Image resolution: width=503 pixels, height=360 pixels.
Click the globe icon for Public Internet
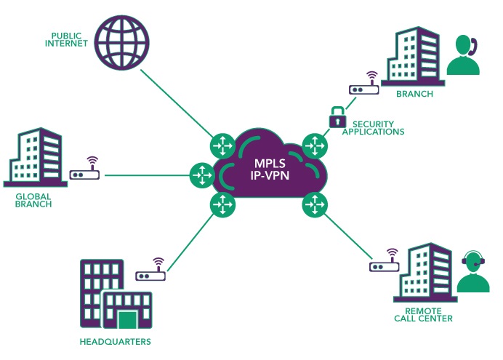[123, 42]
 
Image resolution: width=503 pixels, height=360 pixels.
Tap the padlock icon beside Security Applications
[337, 117]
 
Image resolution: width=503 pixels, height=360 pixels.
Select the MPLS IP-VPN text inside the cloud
[270, 169]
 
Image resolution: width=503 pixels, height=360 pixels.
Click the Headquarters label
[115, 342]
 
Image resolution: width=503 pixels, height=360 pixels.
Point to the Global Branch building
[36, 157]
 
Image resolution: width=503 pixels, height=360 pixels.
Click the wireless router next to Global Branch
[85, 168]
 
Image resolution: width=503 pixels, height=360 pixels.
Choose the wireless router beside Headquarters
[150, 269]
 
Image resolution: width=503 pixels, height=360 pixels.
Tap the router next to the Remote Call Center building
[385, 260]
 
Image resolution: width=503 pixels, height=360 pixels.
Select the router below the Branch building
[364, 83]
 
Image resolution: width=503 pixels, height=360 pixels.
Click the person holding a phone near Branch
[464, 55]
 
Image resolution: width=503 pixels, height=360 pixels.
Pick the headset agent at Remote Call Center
[473, 271]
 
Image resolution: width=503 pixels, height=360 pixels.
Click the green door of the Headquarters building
[127, 319]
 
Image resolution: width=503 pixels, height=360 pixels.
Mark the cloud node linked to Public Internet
[223, 146]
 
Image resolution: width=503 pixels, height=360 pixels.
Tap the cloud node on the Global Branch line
[202, 175]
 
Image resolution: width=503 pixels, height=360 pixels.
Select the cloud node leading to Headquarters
[222, 204]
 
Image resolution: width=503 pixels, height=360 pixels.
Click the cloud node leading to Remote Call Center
[315, 204]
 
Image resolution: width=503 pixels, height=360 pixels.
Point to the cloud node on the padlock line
[315, 146]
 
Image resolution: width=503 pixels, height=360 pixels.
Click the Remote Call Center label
[423, 315]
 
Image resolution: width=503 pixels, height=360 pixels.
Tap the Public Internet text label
[66, 40]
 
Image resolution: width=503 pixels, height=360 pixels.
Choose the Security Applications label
[373, 128]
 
